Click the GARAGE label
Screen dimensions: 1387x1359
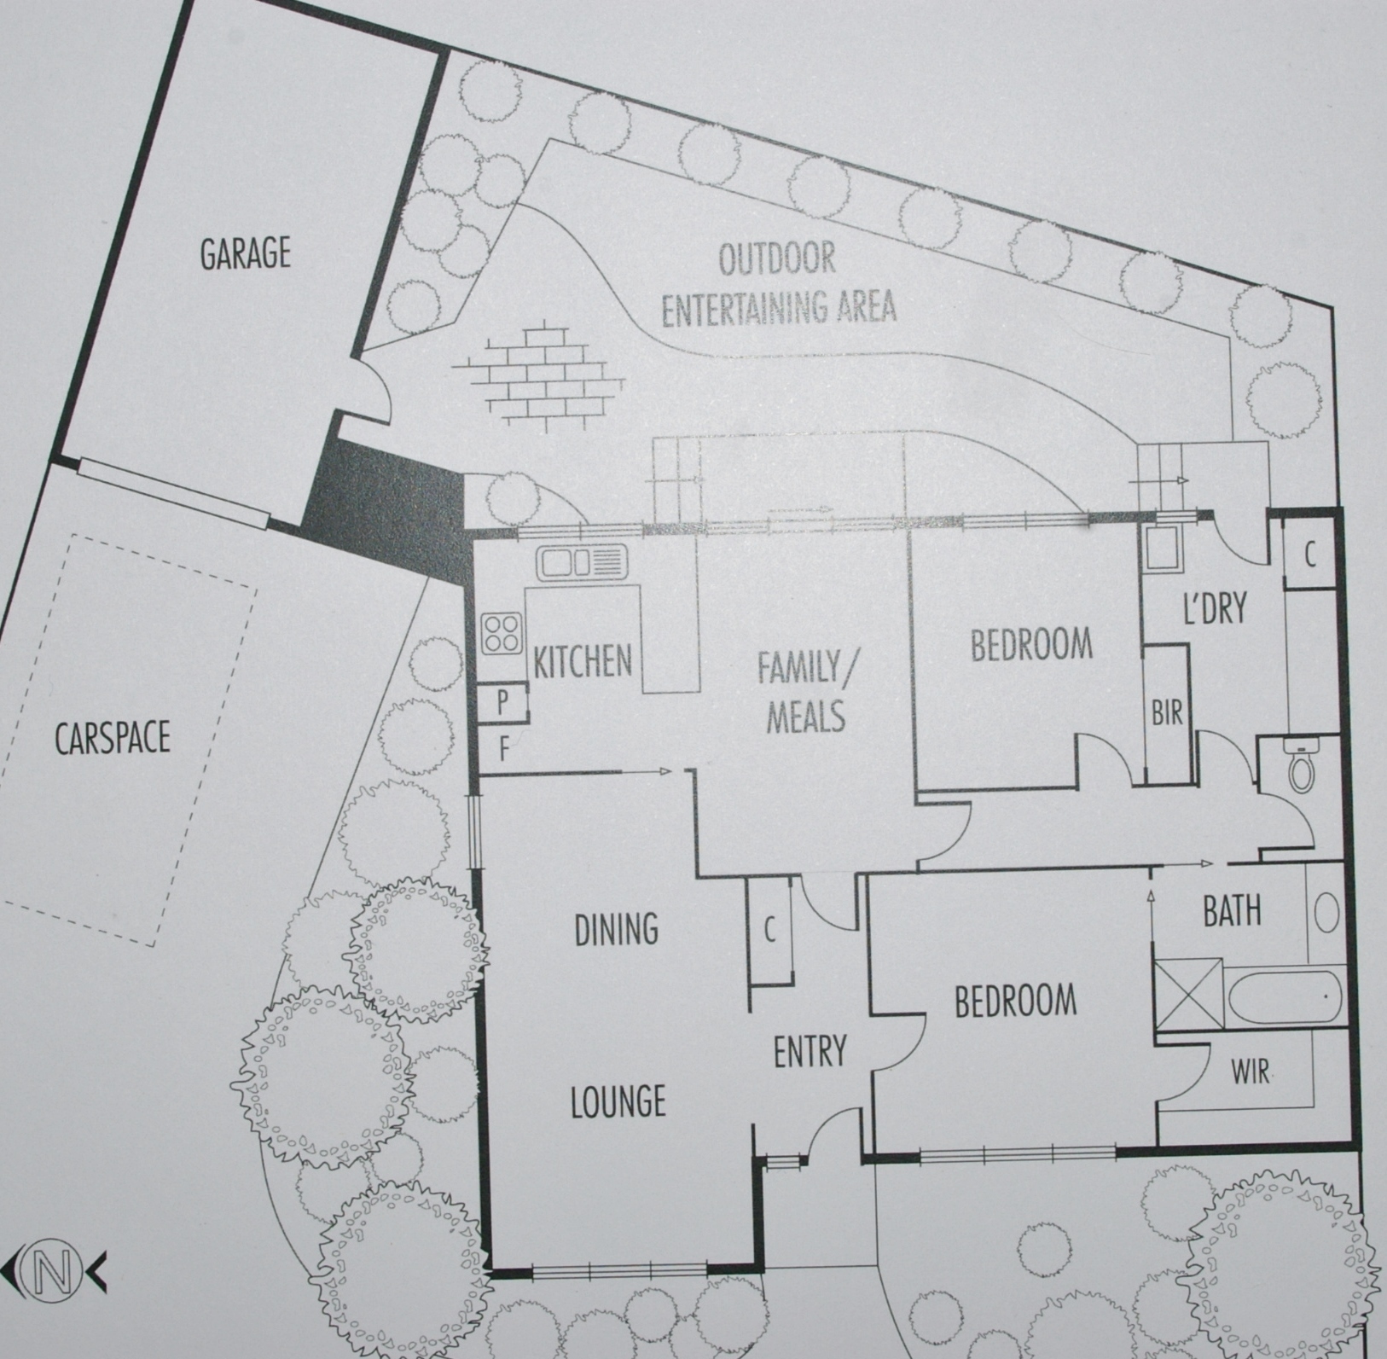point(245,253)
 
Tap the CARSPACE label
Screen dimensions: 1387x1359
point(113,738)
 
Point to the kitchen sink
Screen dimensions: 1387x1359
point(582,563)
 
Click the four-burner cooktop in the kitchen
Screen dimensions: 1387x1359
point(502,633)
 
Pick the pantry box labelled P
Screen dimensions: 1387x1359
point(503,702)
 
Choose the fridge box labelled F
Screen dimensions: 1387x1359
point(503,750)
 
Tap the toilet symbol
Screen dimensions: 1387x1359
point(1300,764)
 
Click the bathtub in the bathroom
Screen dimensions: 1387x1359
point(1285,995)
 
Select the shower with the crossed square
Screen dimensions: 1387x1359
point(1187,995)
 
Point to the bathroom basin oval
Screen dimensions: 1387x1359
point(1326,912)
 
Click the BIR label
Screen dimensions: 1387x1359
point(1166,712)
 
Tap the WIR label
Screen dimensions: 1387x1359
point(1250,1072)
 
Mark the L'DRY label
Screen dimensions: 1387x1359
point(1215,608)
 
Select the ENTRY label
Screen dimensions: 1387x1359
point(810,1051)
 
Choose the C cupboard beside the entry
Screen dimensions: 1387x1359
point(769,932)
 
